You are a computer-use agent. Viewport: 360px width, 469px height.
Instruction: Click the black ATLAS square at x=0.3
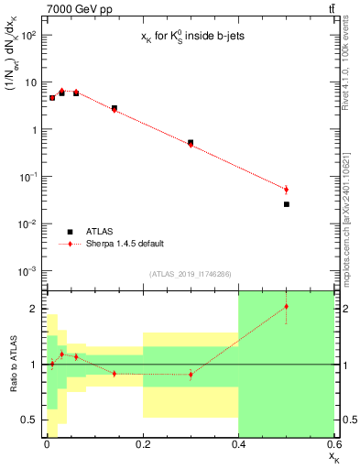[x=191, y=142]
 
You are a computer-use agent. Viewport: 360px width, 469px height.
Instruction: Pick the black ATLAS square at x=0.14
[x=114, y=108]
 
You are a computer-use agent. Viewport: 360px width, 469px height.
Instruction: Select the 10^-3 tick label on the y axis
[x=29, y=271]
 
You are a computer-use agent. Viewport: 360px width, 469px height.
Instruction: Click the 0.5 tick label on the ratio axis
[x=30, y=420]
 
